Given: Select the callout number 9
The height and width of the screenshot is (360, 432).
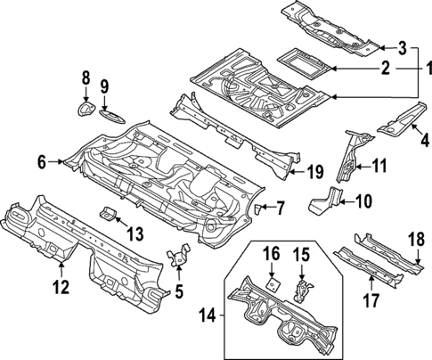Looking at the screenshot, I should [104, 86].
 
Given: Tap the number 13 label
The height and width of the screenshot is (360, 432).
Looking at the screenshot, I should [134, 233].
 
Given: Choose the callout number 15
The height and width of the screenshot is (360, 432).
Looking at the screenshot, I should [301, 256].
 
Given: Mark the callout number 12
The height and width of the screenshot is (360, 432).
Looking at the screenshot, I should [60, 286].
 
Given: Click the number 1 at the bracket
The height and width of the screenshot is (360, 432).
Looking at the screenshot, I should [427, 67].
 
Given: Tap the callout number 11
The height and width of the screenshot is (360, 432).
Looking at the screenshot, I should [379, 165].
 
